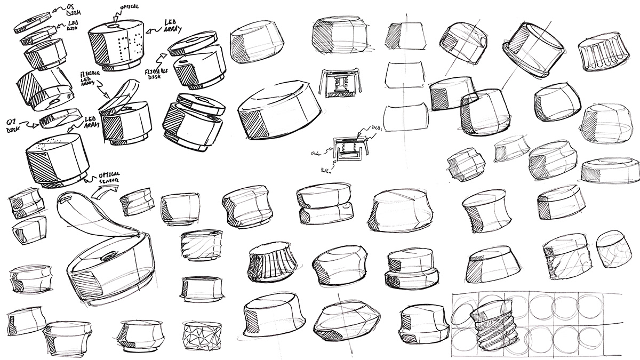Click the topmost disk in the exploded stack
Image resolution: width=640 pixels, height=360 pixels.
click(31, 20)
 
